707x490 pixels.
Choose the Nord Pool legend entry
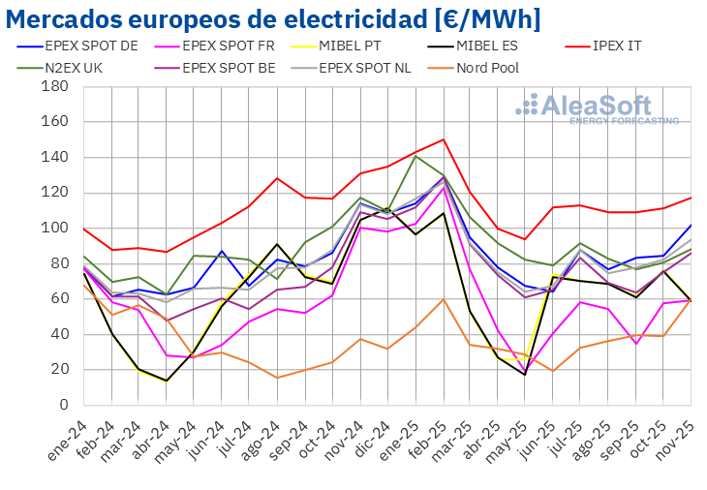485,68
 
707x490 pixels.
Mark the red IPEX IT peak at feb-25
444,139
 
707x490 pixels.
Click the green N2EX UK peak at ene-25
415,156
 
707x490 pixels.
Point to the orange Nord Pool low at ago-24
277,378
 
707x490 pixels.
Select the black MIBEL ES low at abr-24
167,381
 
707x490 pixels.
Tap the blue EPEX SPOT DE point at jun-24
222,251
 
